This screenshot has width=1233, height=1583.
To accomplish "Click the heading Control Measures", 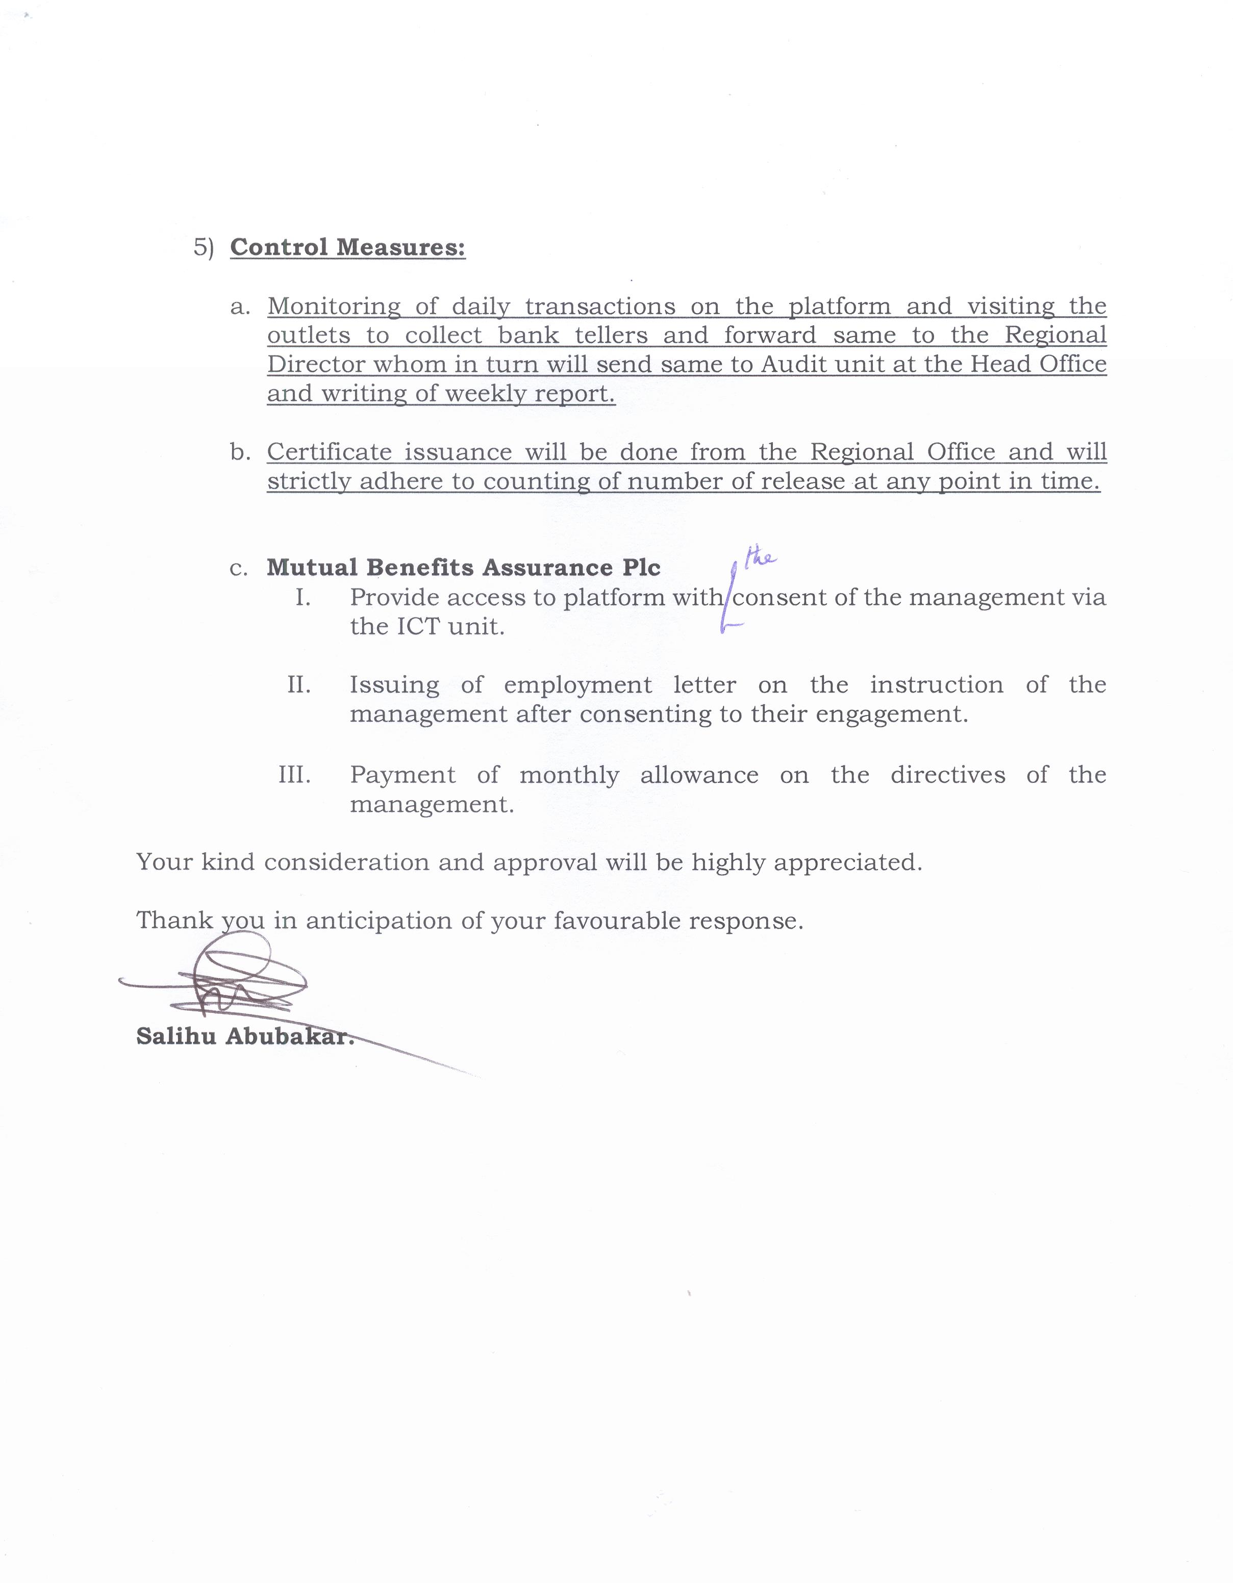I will pyautogui.click(x=347, y=248).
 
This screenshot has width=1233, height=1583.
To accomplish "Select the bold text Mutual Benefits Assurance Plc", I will pyautogui.click(x=463, y=568).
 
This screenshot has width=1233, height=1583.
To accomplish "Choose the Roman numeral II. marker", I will pyautogui.click(x=298, y=685).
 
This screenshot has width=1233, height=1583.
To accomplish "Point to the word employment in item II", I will pyautogui.click(x=577, y=685).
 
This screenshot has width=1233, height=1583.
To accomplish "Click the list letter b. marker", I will pyautogui.click(x=240, y=452).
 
